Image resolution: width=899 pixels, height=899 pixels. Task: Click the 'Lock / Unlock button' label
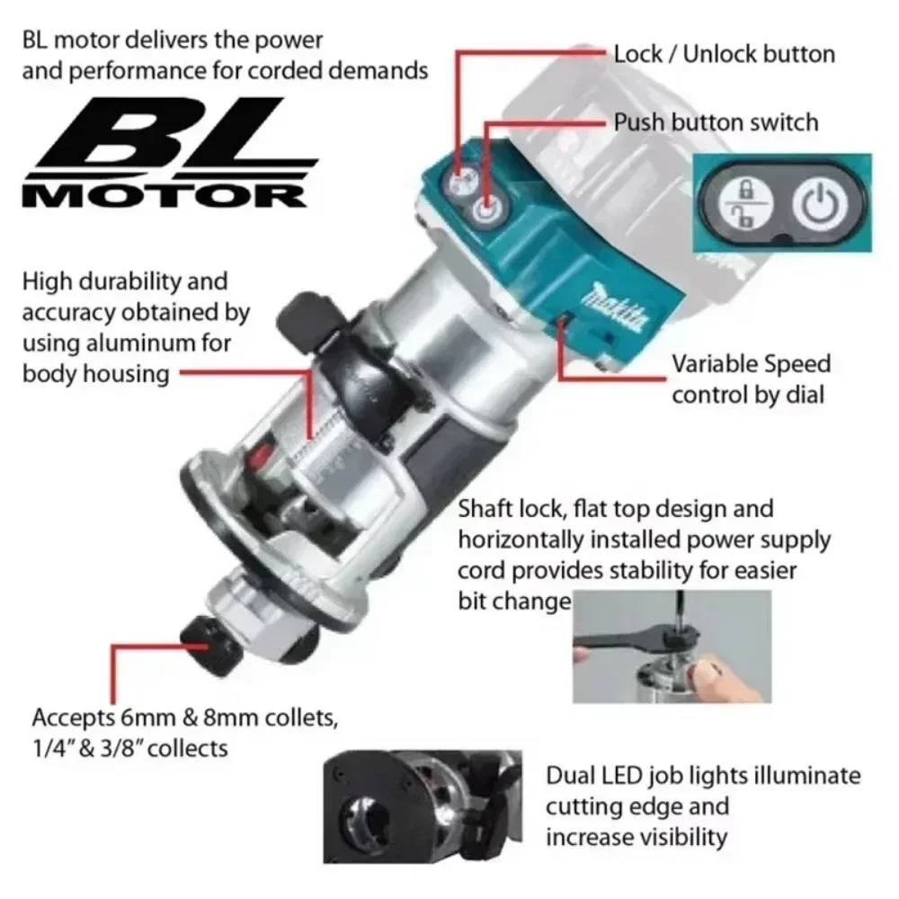point(724,53)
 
